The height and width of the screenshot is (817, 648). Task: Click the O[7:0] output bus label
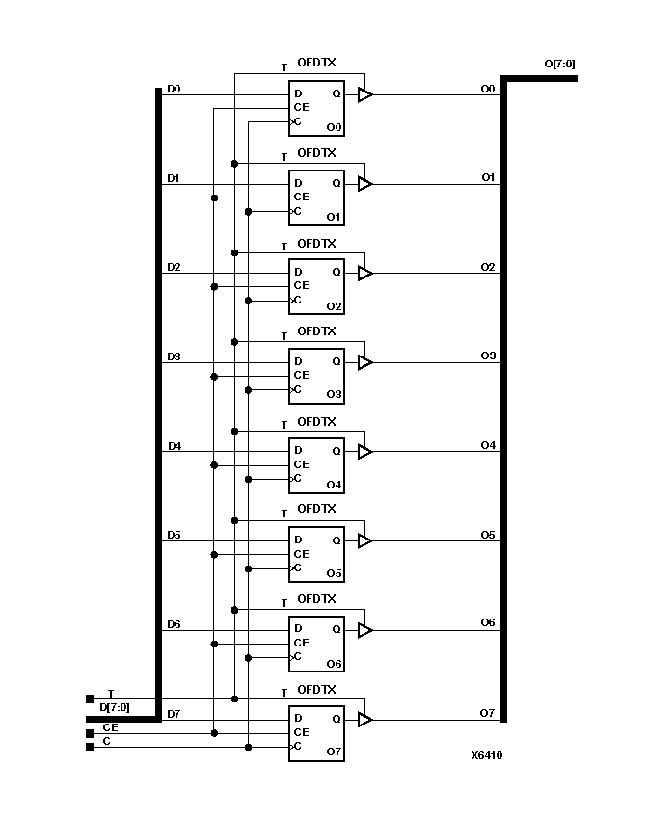click(x=560, y=65)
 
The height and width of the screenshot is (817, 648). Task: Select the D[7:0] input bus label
click(x=115, y=707)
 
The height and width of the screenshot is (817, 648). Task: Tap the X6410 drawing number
click(x=486, y=755)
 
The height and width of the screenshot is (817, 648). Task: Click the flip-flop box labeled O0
click(x=316, y=109)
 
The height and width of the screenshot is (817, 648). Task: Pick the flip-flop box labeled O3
click(x=316, y=377)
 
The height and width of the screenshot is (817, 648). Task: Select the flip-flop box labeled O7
click(x=316, y=733)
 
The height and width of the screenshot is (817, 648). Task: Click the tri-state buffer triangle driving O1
click(x=364, y=184)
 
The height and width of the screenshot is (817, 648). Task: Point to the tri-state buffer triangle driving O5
click(x=364, y=541)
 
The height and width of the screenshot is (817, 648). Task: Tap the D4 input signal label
click(x=174, y=446)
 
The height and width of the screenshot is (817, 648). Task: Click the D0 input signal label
click(x=174, y=89)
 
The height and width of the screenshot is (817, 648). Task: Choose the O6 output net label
click(x=488, y=623)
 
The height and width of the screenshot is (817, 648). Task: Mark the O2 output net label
click(x=488, y=267)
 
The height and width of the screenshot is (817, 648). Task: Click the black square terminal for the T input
click(x=91, y=698)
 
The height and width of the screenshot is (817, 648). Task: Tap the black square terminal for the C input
click(x=91, y=747)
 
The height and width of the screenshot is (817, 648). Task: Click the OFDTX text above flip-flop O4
click(x=316, y=422)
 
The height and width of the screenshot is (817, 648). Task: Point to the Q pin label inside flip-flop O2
click(x=336, y=272)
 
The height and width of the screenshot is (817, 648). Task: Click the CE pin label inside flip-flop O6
click(x=301, y=643)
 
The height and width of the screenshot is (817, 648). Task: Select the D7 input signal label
click(x=174, y=714)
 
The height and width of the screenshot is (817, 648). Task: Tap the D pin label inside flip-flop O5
click(x=298, y=540)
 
